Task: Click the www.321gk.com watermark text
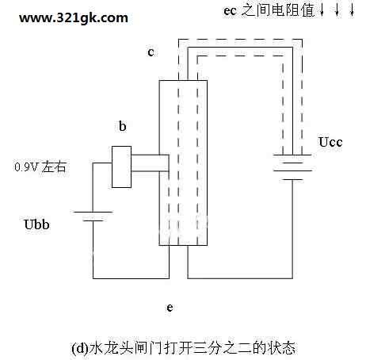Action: pos(74,18)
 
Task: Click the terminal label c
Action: pos(151,52)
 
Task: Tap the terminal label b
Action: pos(123,126)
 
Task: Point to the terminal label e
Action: pos(170,308)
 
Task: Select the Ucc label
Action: pos(330,142)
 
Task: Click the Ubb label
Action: pos(36,224)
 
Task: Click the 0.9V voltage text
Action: pos(26,167)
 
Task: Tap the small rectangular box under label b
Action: pos(121,167)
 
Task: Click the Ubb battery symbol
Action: pos(93,216)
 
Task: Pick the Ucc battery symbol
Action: pos(292,167)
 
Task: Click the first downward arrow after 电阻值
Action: pos(322,10)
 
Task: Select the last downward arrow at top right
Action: pos(352,10)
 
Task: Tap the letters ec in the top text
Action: pos(230,11)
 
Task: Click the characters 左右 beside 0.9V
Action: pos(54,167)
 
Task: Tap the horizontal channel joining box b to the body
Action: pos(150,163)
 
